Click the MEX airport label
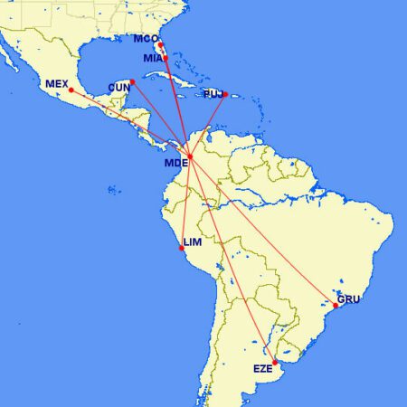click(x=57, y=84)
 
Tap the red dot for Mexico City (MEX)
click(x=71, y=90)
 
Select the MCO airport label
click(x=145, y=39)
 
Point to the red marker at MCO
click(x=159, y=44)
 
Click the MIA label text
click(x=153, y=58)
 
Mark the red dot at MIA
click(x=166, y=58)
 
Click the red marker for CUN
click(x=132, y=82)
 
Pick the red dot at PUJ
click(x=225, y=93)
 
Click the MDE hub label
click(x=175, y=164)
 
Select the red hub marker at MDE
click(x=189, y=156)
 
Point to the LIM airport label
click(x=192, y=242)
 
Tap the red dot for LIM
click(x=182, y=248)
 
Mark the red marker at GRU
click(x=336, y=306)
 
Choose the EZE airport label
click(x=262, y=368)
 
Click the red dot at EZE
click(x=275, y=363)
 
